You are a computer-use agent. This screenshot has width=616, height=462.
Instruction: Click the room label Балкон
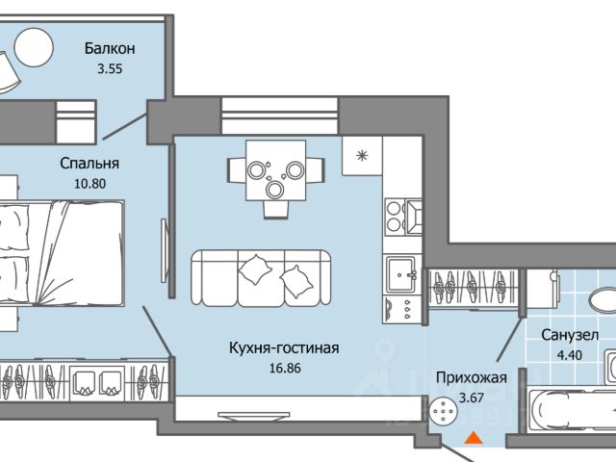[x=110, y=48]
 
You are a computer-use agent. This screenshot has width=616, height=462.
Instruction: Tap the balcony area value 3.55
[x=110, y=68]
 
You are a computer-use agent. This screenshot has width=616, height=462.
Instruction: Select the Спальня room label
[x=90, y=163]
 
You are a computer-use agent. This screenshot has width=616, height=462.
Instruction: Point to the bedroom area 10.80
[x=90, y=184]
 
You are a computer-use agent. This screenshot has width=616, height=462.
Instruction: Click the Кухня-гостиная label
[x=284, y=348]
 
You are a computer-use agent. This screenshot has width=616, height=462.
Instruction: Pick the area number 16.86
[x=285, y=368]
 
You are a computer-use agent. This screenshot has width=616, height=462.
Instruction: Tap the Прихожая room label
[x=472, y=377]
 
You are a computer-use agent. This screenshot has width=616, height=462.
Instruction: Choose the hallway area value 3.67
[x=472, y=398]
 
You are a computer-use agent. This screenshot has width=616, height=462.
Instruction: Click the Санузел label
[x=570, y=335]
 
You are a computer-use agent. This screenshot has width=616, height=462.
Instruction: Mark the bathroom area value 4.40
[x=570, y=355]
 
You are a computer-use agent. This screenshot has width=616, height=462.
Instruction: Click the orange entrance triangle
[x=474, y=438]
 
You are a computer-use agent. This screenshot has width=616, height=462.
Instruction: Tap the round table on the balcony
[x=34, y=47]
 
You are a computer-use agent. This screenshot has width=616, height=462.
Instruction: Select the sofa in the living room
[x=261, y=278]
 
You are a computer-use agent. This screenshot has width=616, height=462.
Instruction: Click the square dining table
[x=276, y=170]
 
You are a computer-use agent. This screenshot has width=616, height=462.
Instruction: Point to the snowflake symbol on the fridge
[x=362, y=155]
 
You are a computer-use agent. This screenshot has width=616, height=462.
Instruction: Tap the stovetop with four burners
[x=395, y=217]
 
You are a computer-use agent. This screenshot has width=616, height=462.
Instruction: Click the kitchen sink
[x=400, y=274]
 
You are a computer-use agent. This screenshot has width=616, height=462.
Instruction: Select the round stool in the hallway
[x=444, y=411]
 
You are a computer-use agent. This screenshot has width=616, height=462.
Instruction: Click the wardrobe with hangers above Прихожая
[x=473, y=289]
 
